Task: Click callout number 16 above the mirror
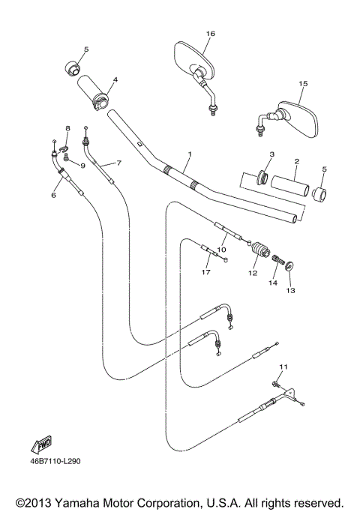[210, 34]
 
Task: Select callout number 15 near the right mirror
[303, 84]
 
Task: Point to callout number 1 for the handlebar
[190, 154]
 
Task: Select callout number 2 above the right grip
[296, 161]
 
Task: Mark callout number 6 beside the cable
[53, 195]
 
